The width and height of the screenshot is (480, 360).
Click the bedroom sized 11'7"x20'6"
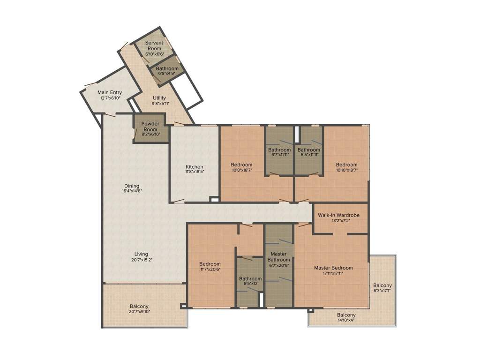coord(210,266)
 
